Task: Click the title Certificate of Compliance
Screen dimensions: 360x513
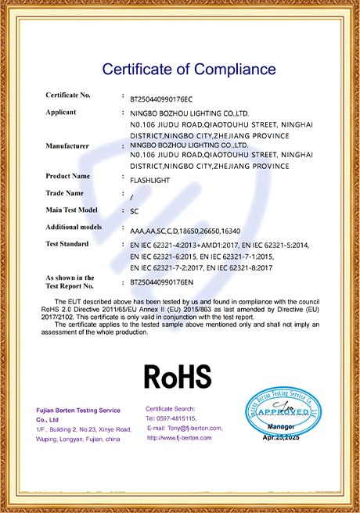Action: pyautogui.click(x=180, y=69)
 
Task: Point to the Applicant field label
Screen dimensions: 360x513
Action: pyautogui.click(x=61, y=112)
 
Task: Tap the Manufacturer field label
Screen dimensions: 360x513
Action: pyautogui.click(x=68, y=145)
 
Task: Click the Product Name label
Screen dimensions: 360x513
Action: pyautogui.click(x=68, y=176)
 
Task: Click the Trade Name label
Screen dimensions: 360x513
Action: pyautogui.click(x=65, y=192)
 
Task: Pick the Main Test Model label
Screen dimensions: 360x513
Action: pyautogui.click(x=71, y=210)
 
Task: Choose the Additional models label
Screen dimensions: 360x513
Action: pyautogui.click(x=74, y=227)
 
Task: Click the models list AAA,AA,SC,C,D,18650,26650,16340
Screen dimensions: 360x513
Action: pyautogui.click(x=186, y=231)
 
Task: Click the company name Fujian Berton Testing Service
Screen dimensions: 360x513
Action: pyautogui.click(x=78, y=411)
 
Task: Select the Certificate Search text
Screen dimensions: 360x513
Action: pyautogui.click(x=170, y=409)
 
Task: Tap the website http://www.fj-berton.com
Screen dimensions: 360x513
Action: pyautogui.click(x=179, y=438)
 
